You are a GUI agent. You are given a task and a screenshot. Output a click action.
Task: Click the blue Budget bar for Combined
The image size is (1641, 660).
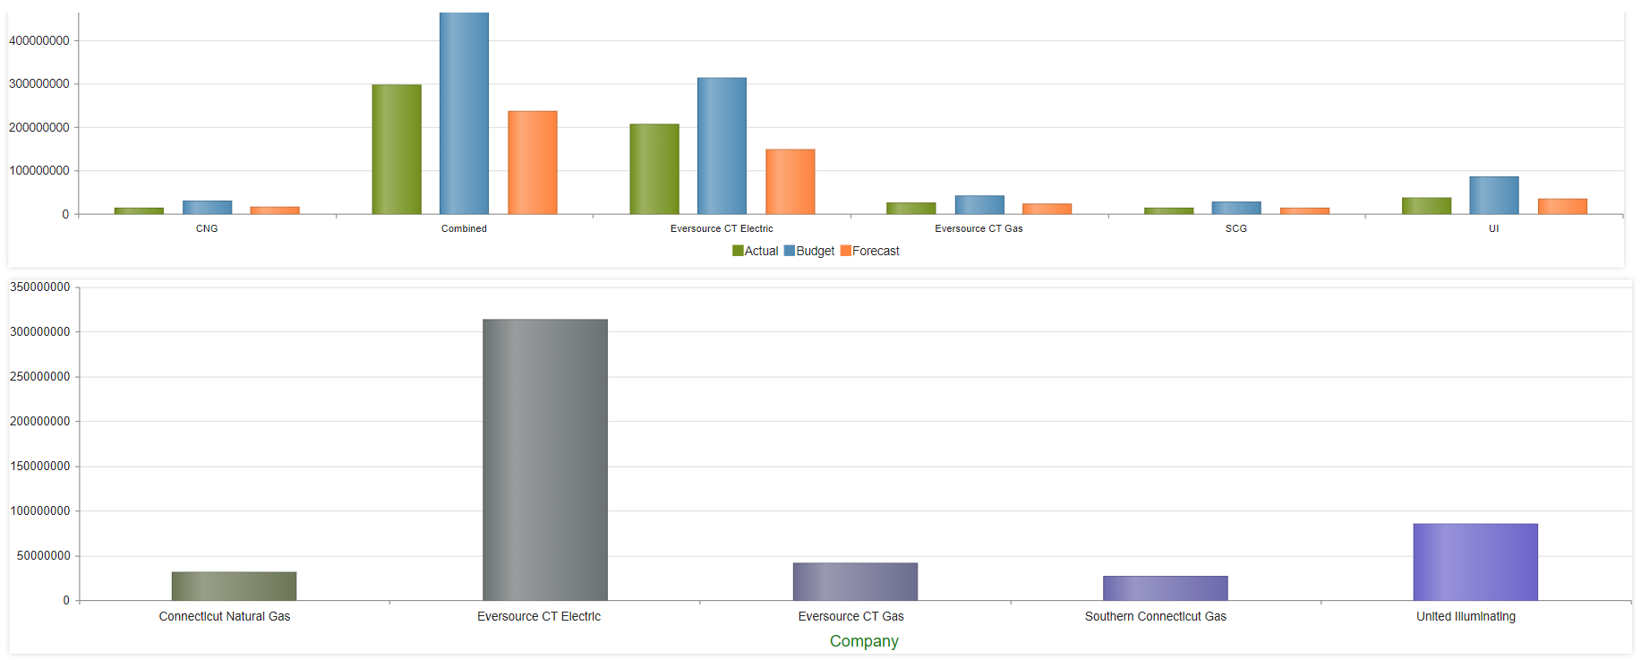pos(464,114)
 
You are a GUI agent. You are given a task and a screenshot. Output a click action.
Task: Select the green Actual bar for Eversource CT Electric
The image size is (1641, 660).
pos(654,168)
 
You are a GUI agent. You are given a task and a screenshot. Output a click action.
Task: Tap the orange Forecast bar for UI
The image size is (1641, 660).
pos(1562,206)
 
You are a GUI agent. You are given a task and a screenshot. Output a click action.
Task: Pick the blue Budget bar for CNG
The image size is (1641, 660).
pos(207,207)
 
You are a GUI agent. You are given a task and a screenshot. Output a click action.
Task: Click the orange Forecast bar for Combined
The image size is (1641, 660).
pos(532,162)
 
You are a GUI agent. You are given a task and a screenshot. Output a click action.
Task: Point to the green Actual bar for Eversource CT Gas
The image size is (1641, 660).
pos(910,208)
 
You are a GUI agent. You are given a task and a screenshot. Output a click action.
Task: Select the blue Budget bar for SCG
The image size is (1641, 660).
pos(1235,208)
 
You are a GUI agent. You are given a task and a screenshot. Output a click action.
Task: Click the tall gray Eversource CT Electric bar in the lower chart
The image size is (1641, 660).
pos(544,459)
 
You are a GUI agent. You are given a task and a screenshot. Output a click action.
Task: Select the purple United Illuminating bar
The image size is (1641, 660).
pos(1474,561)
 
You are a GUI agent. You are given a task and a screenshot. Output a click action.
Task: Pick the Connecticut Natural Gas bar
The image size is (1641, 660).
pos(234,586)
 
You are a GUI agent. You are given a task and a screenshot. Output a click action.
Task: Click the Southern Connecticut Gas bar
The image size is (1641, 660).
pos(1165,587)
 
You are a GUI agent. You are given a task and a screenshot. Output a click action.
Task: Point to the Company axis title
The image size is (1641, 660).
pos(864,640)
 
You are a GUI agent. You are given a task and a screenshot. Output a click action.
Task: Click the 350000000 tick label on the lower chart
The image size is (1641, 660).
pos(40,287)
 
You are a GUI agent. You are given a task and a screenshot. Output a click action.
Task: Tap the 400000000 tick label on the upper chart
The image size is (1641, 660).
pos(39,40)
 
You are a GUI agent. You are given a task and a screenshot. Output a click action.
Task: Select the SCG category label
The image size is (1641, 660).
pos(1235,228)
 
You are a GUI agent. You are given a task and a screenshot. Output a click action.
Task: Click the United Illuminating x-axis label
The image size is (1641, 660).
pos(1466,616)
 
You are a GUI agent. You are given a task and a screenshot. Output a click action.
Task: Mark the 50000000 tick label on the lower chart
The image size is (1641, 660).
pos(43,555)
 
